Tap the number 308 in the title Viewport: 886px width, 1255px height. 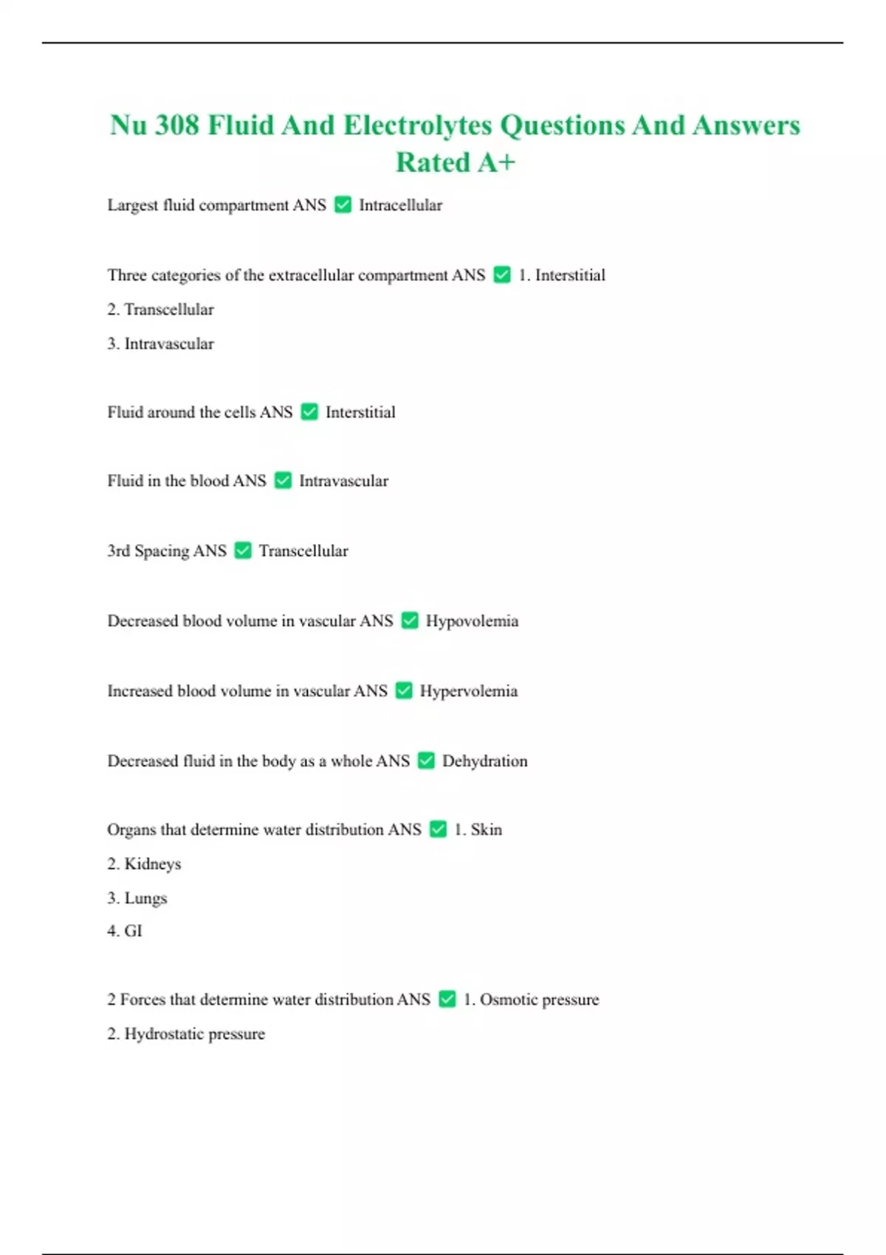coord(176,125)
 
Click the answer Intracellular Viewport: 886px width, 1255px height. coord(400,205)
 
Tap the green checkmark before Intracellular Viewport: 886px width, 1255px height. coord(343,204)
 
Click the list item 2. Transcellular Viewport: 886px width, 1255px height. coord(160,309)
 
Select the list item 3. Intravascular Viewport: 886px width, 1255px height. coord(160,344)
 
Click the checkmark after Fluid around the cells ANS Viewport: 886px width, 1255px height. coord(309,412)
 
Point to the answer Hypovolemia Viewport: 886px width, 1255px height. coord(472,621)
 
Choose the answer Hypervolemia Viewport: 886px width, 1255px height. coord(469,691)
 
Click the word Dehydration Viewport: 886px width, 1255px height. coord(484,761)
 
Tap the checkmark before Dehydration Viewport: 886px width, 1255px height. coord(426,760)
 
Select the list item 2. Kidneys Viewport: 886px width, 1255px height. coord(144,864)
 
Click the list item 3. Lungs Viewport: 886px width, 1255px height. coord(137,898)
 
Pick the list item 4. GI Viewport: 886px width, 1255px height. coord(125,931)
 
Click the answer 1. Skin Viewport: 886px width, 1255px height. coord(478,830)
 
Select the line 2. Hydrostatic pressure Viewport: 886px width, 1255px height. coord(186,1034)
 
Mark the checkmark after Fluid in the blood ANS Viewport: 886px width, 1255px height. coord(283,481)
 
